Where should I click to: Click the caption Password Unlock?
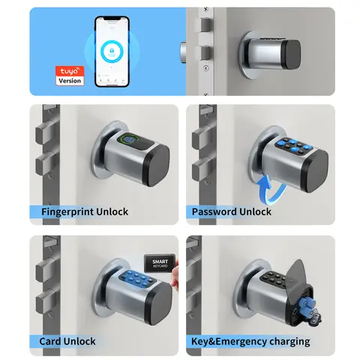[x=232, y=212]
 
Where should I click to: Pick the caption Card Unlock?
[x=67, y=342]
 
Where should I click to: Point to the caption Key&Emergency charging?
[x=250, y=342]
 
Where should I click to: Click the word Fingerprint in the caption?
[x=67, y=212]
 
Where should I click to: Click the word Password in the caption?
[x=214, y=212]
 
